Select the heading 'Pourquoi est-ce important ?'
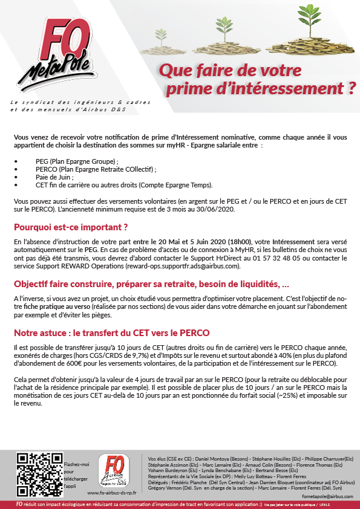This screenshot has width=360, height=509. pyautogui.click(x=71, y=228)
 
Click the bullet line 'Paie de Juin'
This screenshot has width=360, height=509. pyautogui.click(x=55, y=178)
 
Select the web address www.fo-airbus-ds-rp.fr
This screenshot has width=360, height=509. pyautogui.click(x=112, y=493)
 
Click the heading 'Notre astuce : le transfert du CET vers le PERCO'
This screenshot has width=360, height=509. pyautogui.click(x=113, y=333)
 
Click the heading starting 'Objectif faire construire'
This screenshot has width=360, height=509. pyautogui.click(x=151, y=284)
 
